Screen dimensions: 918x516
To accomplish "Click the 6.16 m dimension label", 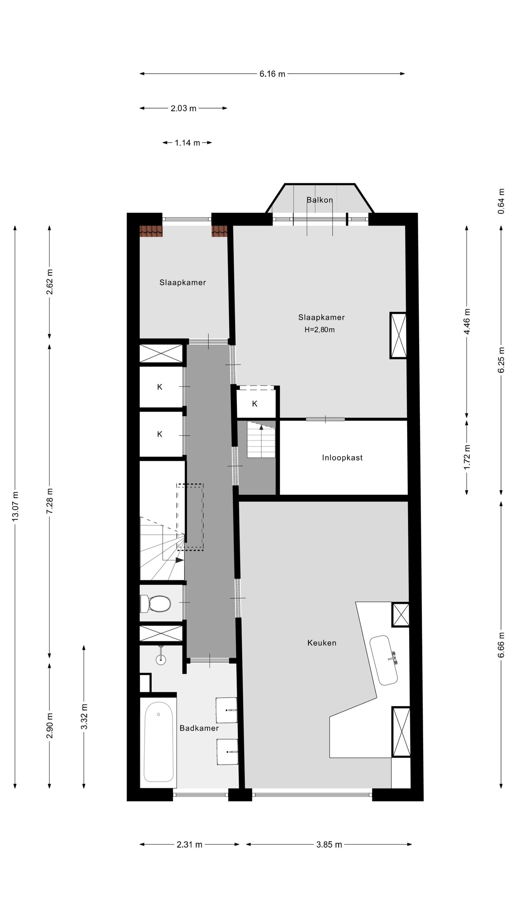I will pos(272,74).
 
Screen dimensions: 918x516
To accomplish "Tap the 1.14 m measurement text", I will pos(187,143).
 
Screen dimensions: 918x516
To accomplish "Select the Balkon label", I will pos(320,200).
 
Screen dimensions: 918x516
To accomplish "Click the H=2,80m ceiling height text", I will pos(320,330).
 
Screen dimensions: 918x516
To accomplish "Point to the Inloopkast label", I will pos(342,458).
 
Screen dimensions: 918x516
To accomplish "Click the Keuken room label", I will pos(322,643).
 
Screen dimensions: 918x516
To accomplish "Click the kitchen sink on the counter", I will pos(384,661).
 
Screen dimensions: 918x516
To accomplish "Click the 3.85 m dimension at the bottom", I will pos(329,844).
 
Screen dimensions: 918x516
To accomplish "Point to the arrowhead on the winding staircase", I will pos(180,560).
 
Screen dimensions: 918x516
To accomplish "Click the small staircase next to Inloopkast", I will pos(261,440).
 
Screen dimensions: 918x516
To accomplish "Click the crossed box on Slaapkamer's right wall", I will pos(398,336).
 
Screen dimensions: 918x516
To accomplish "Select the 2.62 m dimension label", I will pos(49,282).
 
